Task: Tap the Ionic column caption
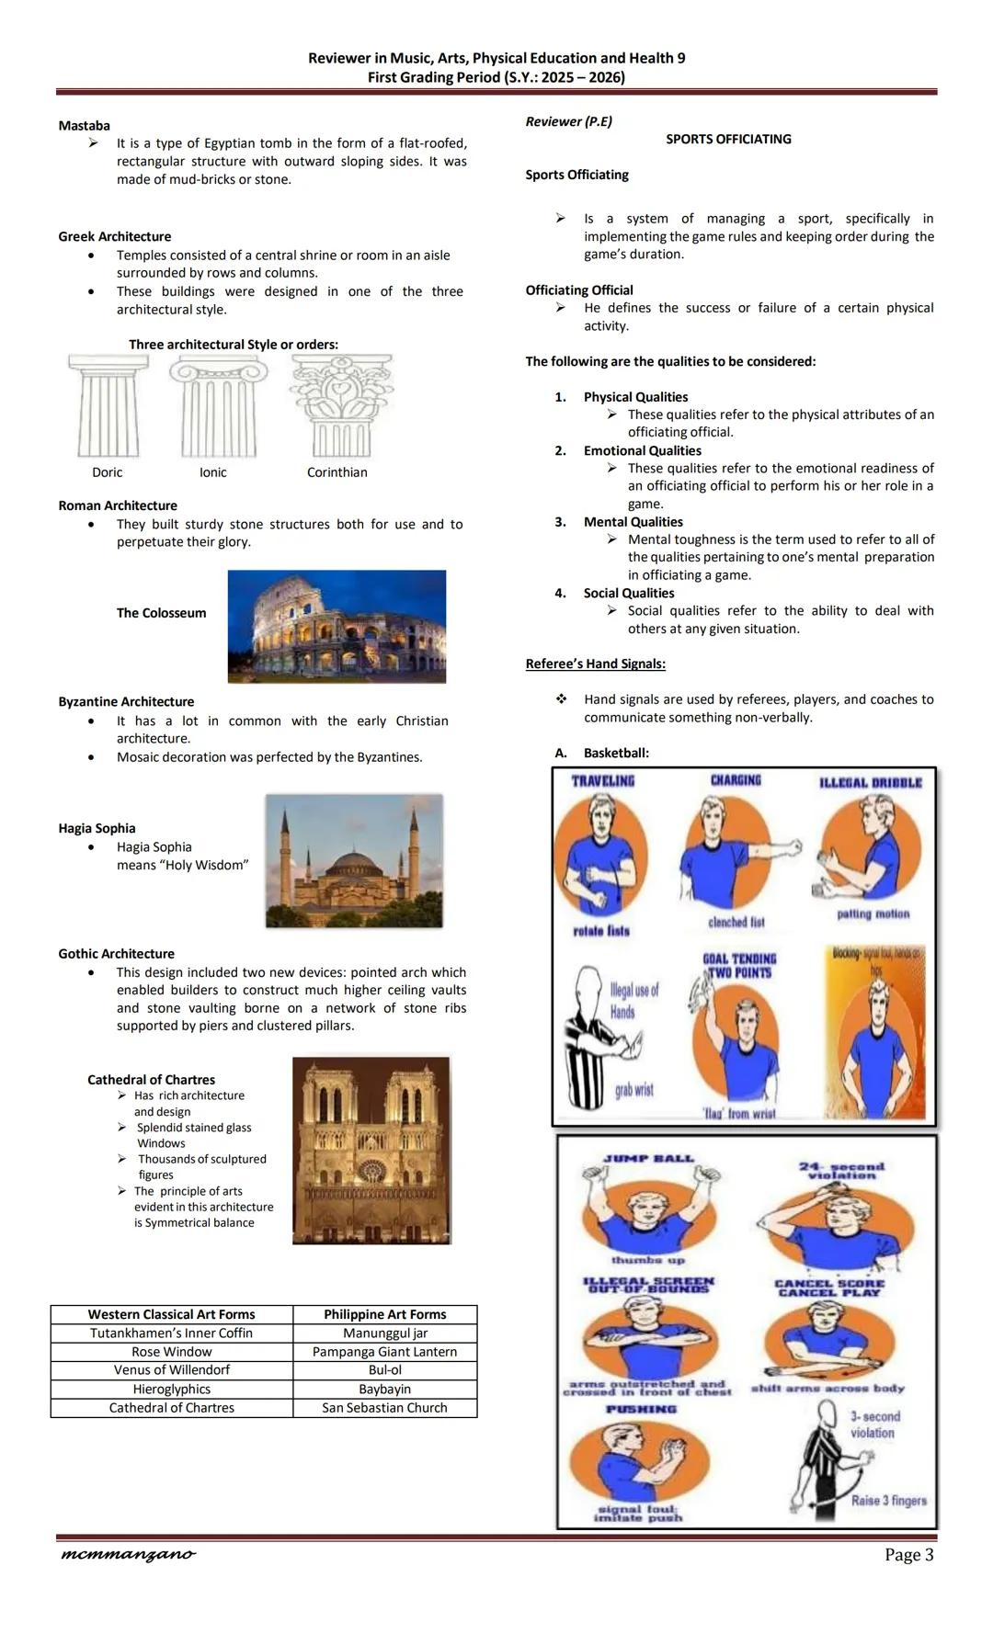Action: point(212,472)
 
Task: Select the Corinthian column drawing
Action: point(341,406)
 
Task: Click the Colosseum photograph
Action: point(337,626)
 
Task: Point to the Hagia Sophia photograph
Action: point(354,860)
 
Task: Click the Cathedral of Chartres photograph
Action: point(371,1150)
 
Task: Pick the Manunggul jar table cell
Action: point(384,1333)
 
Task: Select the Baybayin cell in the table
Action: point(384,1389)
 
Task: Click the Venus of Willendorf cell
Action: point(172,1370)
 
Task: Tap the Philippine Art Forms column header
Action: point(384,1314)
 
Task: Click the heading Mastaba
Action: point(84,126)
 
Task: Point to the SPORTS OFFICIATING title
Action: point(728,140)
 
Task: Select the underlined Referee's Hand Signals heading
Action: point(595,664)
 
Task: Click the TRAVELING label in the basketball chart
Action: point(603,781)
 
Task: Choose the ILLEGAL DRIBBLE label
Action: point(870,783)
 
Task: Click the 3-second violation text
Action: point(874,1424)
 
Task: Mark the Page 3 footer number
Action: point(908,1554)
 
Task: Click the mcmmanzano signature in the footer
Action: point(127,1554)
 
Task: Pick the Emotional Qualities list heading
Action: point(642,450)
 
